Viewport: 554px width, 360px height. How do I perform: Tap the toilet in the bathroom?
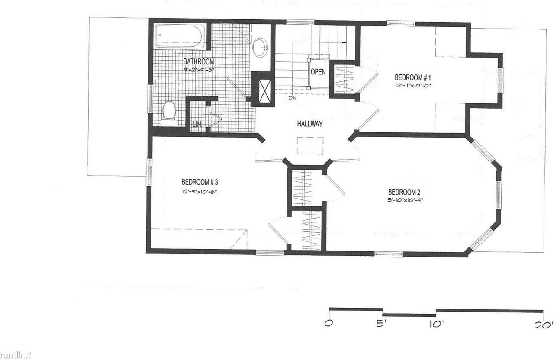point(169,110)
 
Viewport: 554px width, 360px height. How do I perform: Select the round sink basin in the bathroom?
point(260,47)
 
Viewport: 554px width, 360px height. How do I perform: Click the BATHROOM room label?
point(198,61)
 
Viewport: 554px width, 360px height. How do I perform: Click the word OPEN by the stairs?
point(318,72)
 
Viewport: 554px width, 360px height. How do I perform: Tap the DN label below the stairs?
point(293,98)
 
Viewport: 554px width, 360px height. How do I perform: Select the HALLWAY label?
point(309,124)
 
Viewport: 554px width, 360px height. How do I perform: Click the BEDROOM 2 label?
point(404,192)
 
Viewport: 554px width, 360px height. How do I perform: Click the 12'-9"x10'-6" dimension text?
point(199,190)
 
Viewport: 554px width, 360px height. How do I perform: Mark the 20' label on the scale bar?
point(543,325)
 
